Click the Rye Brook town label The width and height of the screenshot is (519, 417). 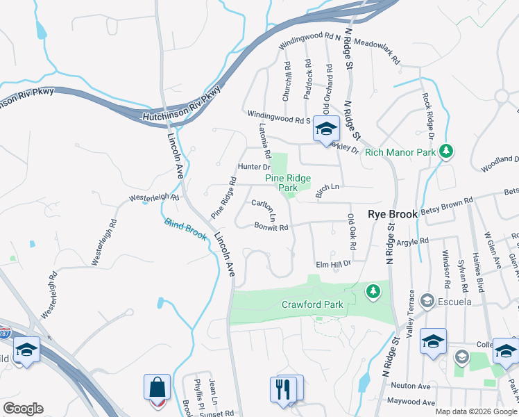pyautogui.click(x=392, y=215)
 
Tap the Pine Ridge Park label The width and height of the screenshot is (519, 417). pyautogui.click(x=288, y=183)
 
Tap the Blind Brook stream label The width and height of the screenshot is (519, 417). pyautogui.click(x=186, y=230)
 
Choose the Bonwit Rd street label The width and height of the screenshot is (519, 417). pyautogui.click(x=271, y=226)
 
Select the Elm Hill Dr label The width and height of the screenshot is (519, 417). pyautogui.click(x=334, y=264)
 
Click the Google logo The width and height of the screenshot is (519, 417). pyautogui.click(x=23, y=408)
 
